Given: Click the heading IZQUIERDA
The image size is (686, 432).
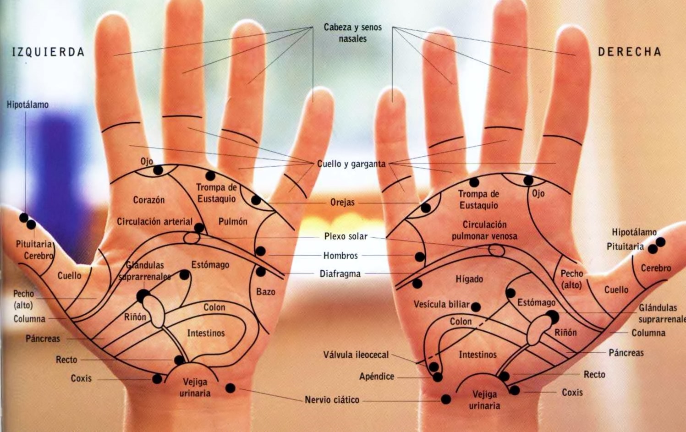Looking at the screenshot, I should (x=49, y=52).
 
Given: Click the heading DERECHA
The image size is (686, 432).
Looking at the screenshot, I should (x=629, y=52).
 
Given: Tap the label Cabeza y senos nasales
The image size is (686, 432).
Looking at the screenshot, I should (x=352, y=33).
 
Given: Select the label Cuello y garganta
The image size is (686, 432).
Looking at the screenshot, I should (x=351, y=164).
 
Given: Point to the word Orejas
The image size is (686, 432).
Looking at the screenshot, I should (x=342, y=202).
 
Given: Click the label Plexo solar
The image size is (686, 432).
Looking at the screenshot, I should (x=346, y=236).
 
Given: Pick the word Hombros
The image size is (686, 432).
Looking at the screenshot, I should (x=340, y=256).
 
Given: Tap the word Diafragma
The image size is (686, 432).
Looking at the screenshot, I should (x=340, y=274).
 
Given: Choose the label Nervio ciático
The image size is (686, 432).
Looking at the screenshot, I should (x=332, y=400).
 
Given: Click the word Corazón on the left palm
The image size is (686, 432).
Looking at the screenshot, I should (x=148, y=200).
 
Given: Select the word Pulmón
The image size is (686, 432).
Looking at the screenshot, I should (x=233, y=222).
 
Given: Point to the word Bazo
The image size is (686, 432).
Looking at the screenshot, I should (x=266, y=292).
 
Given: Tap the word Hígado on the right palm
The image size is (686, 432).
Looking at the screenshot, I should (x=469, y=279).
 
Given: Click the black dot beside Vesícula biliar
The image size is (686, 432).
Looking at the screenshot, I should (x=476, y=307).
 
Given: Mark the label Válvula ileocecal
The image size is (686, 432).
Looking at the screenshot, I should (x=356, y=355).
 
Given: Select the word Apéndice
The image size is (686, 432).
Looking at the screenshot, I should (x=377, y=377).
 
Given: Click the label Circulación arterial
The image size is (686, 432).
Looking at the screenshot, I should (x=154, y=222).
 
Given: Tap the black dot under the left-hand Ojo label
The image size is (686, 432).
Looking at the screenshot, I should (x=158, y=170).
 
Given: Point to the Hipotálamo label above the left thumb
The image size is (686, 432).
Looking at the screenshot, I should (x=27, y=105).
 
